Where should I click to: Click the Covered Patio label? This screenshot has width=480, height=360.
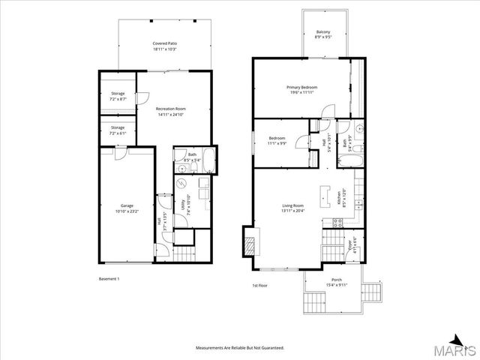164,46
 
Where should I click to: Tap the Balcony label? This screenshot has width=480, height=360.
323,34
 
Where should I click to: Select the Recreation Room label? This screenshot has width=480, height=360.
170,112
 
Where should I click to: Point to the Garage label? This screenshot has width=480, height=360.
127,208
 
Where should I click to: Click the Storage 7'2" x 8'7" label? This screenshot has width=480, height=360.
118,96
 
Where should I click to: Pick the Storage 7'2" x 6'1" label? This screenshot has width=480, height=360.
118,130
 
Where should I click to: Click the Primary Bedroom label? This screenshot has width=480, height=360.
301,90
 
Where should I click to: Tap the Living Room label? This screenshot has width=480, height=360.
292,208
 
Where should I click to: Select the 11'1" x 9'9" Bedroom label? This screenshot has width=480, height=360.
277,141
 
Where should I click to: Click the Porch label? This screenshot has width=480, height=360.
337,281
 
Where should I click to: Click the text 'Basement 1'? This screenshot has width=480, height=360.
109,278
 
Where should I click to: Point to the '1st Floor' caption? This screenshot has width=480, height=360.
259,285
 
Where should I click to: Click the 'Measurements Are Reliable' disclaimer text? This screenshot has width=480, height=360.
239,348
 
